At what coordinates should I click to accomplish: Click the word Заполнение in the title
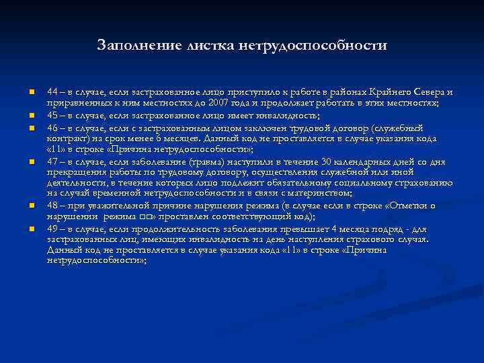(134, 46)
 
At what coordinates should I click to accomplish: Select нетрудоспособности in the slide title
(312, 46)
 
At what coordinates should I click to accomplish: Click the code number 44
(52, 92)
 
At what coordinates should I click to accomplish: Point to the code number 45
(52, 115)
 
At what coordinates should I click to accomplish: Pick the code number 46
(52, 126)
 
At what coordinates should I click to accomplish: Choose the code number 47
(52, 161)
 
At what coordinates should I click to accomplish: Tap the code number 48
(52, 206)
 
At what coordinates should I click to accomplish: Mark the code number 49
(52, 229)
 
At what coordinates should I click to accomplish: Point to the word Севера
(428, 92)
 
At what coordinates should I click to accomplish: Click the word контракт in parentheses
(67, 138)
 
